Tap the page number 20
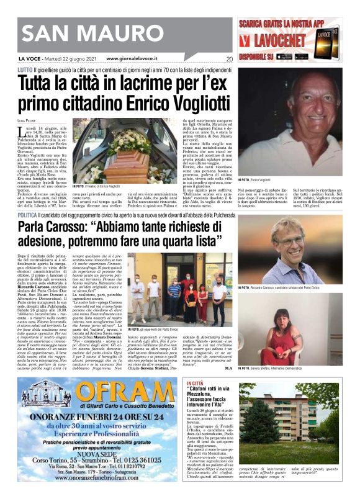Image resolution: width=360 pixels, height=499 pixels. click(x=228, y=60)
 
